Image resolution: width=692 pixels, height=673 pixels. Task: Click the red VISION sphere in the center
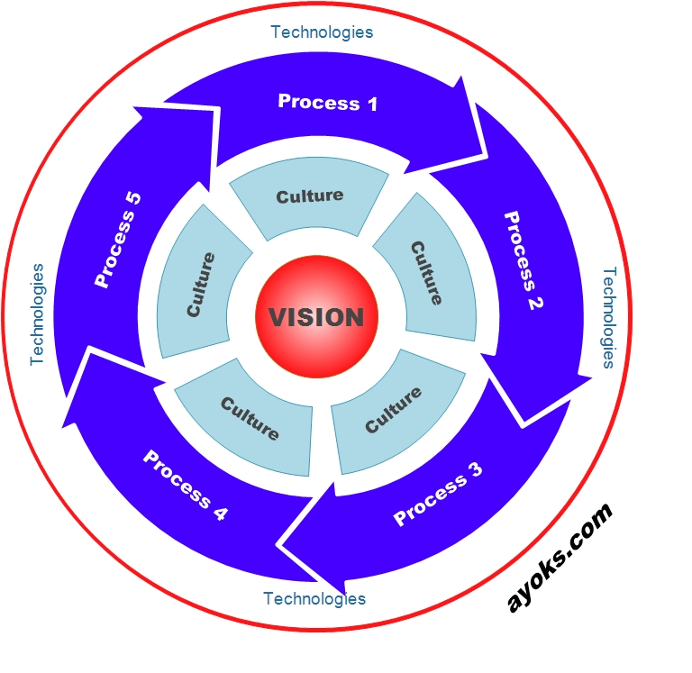tap(317, 317)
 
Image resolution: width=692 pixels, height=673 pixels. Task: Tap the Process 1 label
tap(327, 103)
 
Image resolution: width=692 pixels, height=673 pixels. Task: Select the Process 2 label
tap(524, 261)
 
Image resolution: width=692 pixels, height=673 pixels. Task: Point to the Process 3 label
tap(438, 494)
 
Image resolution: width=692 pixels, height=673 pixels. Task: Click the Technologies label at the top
tap(322, 32)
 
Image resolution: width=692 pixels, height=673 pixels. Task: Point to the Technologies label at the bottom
tap(314, 598)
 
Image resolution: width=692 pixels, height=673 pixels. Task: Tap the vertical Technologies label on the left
tap(37, 314)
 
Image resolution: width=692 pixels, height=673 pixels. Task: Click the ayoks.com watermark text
tap(559, 558)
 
